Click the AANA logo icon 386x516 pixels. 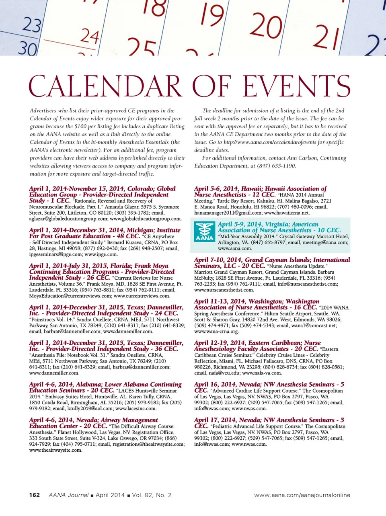coord(204,232)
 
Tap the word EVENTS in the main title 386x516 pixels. coord(296,86)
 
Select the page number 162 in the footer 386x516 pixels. coord(35,495)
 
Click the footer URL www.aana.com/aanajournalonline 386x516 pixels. coord(302,495)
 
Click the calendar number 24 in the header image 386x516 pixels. coord(89,36)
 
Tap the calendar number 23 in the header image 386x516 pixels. coord(31,25)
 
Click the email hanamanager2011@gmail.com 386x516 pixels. coord(228,213)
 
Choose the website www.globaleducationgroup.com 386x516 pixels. coord(146,219)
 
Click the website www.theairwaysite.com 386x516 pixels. coord(55,450)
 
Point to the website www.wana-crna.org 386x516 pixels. coord(216,332)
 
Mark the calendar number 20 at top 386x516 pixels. coord(265,25)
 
